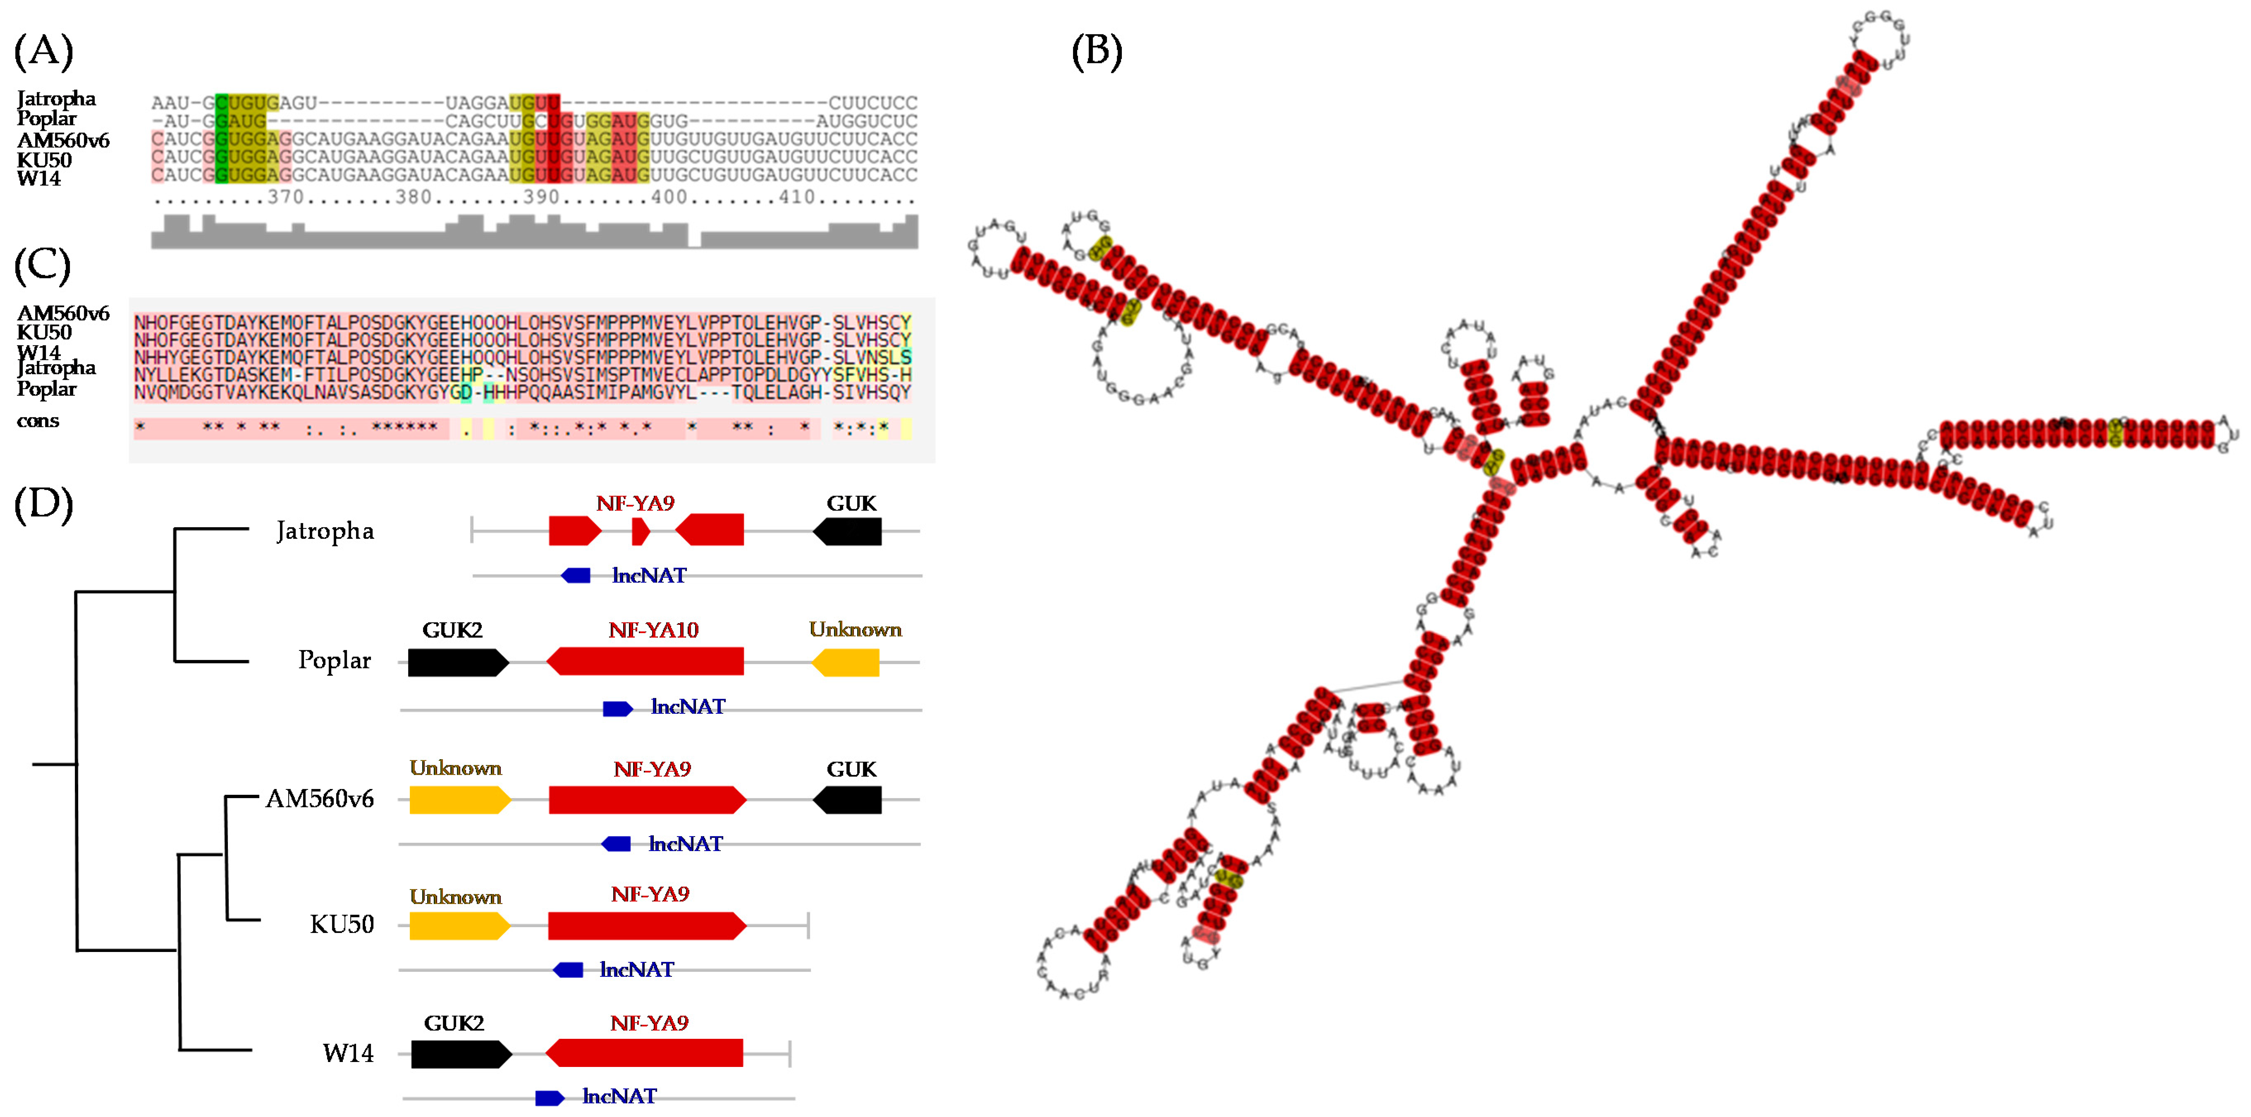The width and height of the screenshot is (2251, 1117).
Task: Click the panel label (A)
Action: (44, 51)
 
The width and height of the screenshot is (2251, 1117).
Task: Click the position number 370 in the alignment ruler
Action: (286, 198)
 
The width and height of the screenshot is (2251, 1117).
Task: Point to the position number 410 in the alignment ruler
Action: (797, 198)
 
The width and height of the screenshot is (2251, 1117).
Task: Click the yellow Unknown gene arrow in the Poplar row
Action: (845, 663)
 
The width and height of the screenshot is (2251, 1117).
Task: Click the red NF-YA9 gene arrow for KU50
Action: (647, 926)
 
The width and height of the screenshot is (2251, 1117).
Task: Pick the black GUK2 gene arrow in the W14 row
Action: (461, 1054)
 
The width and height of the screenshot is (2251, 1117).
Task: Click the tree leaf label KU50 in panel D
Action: (342, 925)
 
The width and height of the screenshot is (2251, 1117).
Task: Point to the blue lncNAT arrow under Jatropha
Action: (576, 575)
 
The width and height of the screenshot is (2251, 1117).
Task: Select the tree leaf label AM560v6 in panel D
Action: (320, 799)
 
